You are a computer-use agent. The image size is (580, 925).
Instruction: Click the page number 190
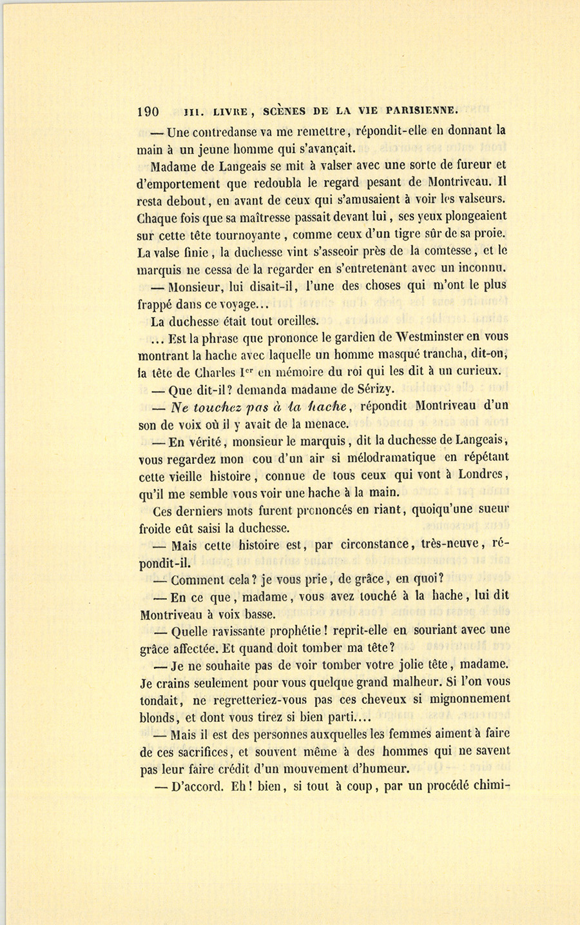point(149,110)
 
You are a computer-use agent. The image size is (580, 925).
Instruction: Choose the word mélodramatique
point(390,457)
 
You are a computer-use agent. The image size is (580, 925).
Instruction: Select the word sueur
point(487,510)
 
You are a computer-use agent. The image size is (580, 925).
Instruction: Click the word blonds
point(158,717)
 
